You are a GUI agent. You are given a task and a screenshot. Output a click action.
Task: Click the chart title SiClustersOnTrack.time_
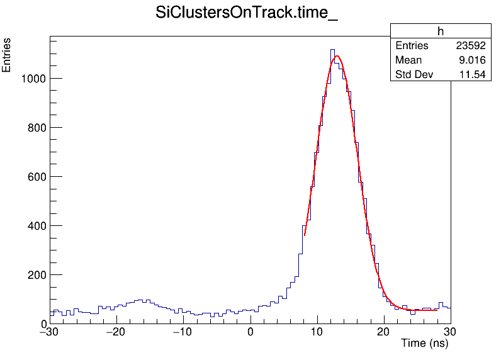coord(247,14)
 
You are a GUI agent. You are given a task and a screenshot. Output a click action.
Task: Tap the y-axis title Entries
coord(7,55)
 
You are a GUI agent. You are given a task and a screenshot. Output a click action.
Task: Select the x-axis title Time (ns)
coord(424,344)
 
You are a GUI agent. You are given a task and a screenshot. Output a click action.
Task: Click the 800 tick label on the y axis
coord(37,128)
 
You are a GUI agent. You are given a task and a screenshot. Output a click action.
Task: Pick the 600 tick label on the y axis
coord(37,177)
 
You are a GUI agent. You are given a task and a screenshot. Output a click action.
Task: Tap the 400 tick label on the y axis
coord(37,226)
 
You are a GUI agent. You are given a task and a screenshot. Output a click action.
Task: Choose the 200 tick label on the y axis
coord(37,275)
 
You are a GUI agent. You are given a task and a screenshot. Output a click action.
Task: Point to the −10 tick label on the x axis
coord(183,332)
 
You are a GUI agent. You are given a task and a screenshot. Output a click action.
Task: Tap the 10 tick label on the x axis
coord(317,332)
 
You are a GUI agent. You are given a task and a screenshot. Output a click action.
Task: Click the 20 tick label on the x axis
coord(384,332)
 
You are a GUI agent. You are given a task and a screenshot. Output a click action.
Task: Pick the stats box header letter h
coord(441,32)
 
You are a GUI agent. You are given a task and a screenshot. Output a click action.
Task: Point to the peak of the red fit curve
coord(337,56)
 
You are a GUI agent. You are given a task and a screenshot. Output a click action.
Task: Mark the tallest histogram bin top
coord(332,49)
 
